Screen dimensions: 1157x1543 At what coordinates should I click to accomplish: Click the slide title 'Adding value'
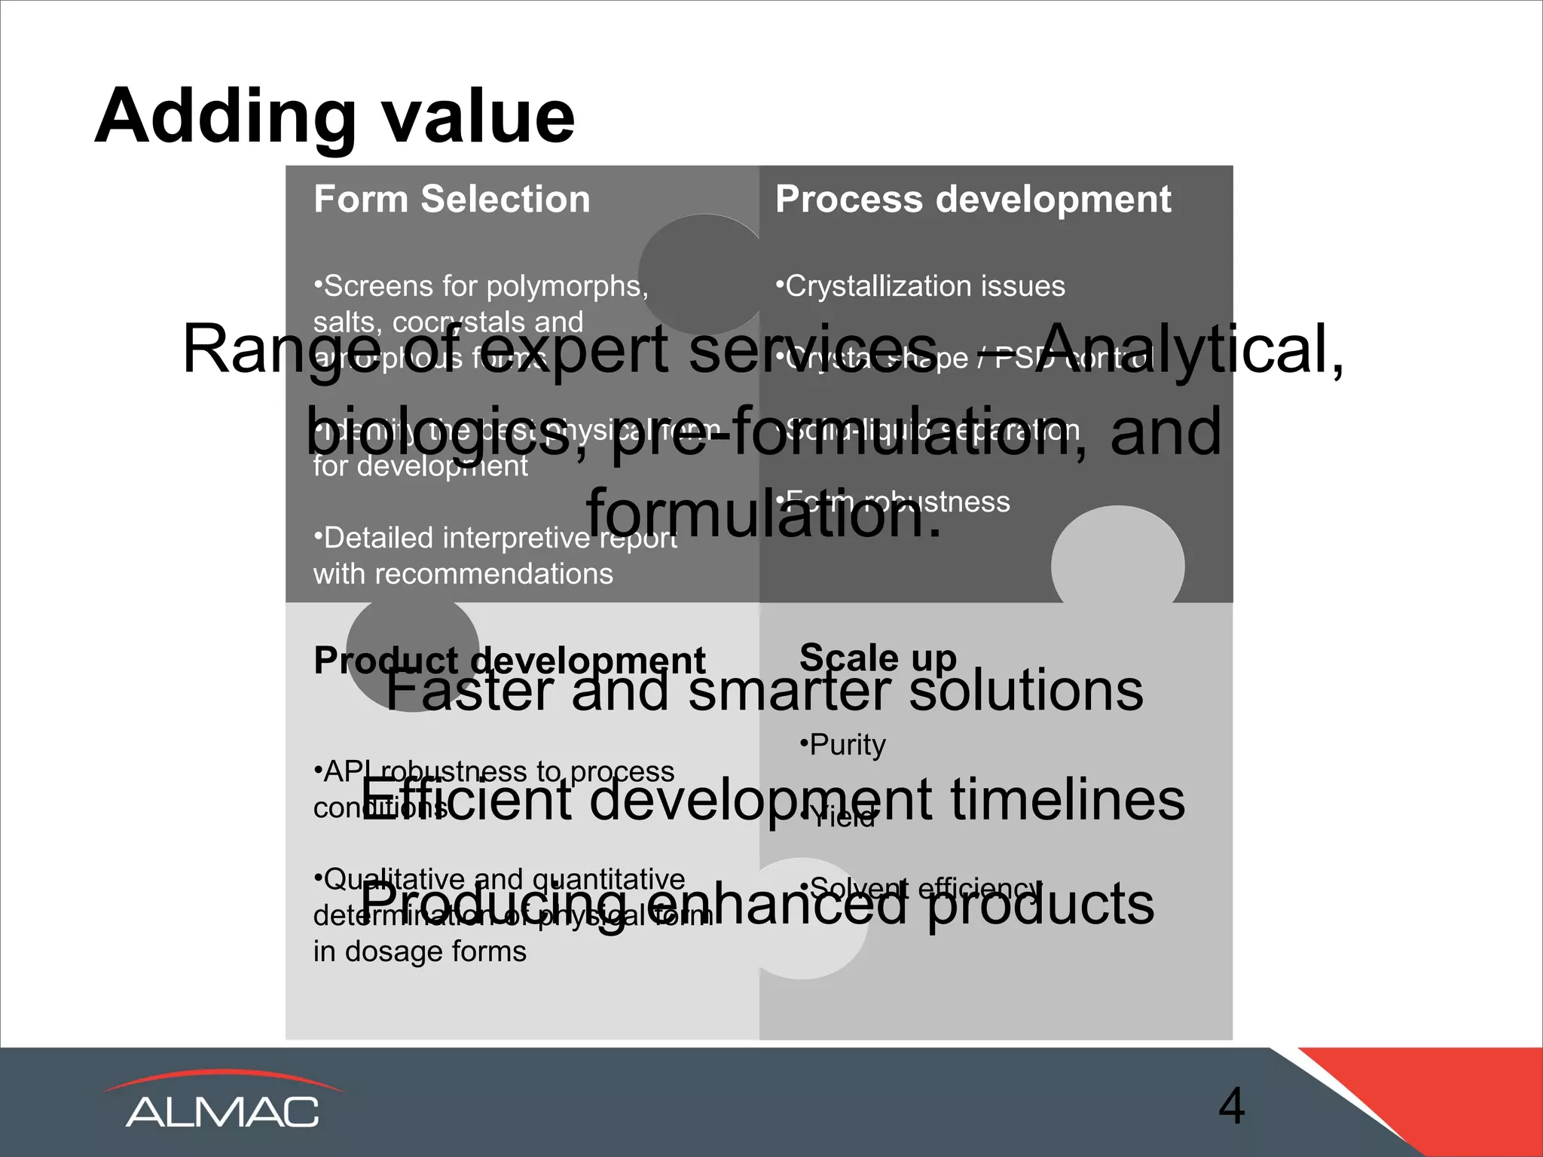tap(335, 117)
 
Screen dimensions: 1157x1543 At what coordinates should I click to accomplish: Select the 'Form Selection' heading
tap(451, 200)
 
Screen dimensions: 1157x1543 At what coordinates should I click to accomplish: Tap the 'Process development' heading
tap(973, 200)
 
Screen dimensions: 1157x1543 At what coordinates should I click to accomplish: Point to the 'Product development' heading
tap(509, 661)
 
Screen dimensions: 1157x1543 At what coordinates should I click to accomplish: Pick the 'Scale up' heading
tap(878, 657)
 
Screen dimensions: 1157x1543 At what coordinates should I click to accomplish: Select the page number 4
tap(1231, 1107)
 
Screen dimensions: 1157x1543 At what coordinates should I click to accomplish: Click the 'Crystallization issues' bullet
tap(920, 286)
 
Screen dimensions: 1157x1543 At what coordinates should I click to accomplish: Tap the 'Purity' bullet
tap(842, 745)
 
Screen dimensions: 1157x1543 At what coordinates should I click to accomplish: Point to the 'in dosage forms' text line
tap(420, 951)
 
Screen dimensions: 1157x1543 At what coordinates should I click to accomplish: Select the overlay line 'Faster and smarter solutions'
tap(764, 690)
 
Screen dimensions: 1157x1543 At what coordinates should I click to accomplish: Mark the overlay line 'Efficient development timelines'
tap(771, 799)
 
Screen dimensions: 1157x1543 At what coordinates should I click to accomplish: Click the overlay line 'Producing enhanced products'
tap(756, 904)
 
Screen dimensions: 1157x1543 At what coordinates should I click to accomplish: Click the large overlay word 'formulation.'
tap(764, 514)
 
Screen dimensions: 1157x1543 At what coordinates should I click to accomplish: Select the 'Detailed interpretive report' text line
tap(495, 538)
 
